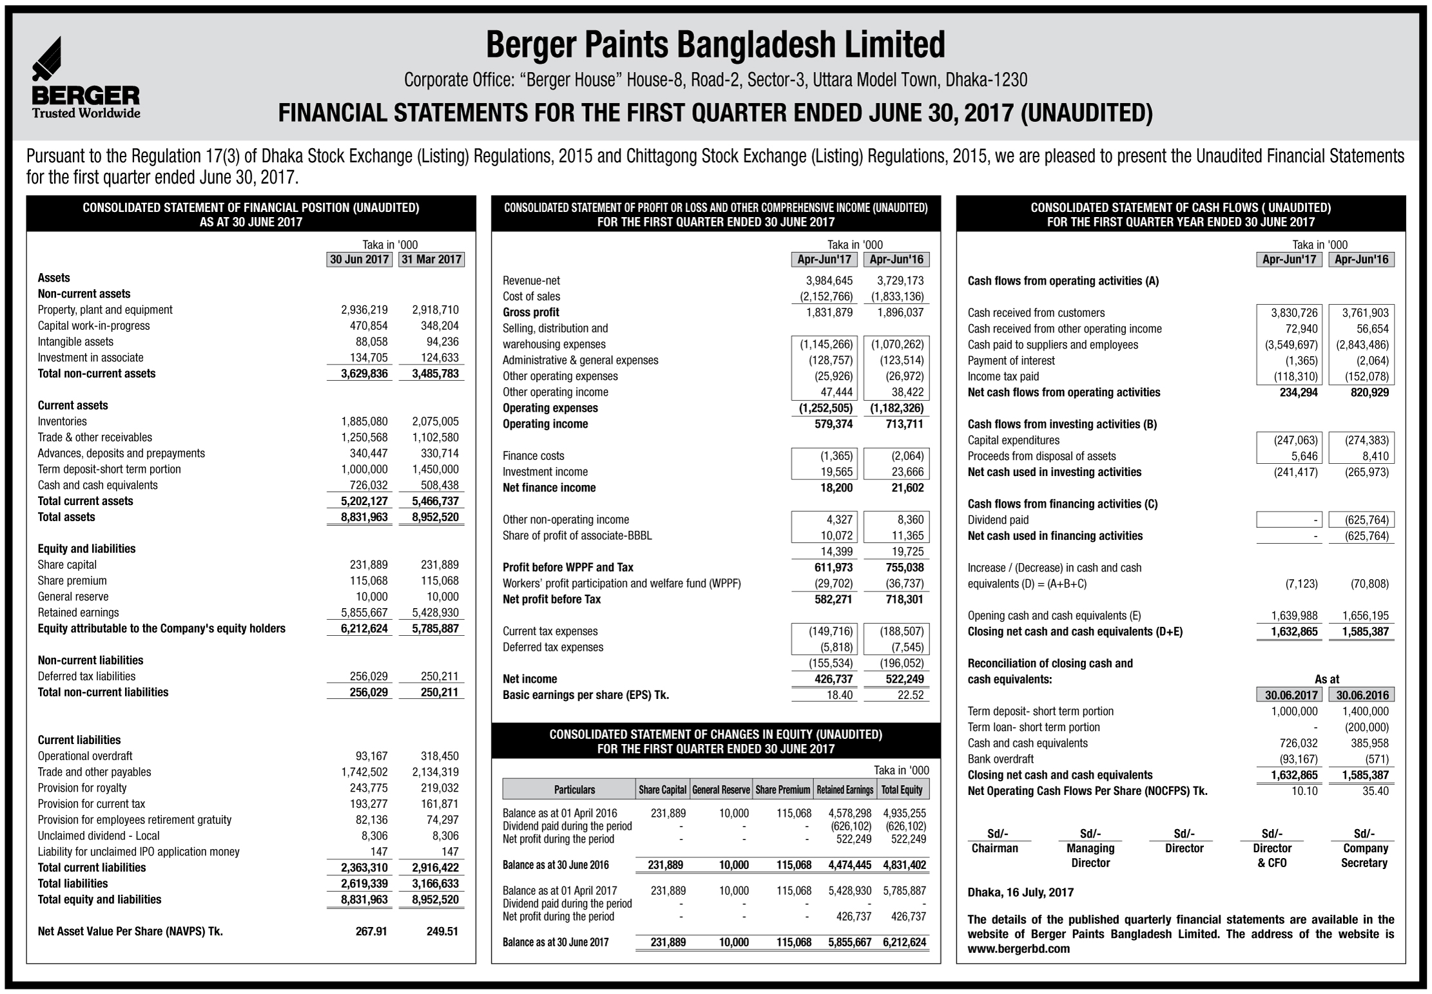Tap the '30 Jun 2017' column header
click(x=359, y=260)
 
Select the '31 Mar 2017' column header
click(x=431, y=260)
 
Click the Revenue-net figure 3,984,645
click(x=829, y=281)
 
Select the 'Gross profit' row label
click(x=531, y=312)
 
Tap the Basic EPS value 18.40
click(x=839, y=695)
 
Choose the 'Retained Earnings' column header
click(x=845, y=790)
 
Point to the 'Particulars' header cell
click(x=574, y=790)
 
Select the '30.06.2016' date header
click(x=1362, y=695)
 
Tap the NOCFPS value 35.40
click(x=1375, y=791)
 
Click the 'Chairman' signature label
click(x=994, y=848)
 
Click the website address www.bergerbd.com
click(x=1018, y=949)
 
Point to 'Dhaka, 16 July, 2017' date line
click(x=1020, y=893)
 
